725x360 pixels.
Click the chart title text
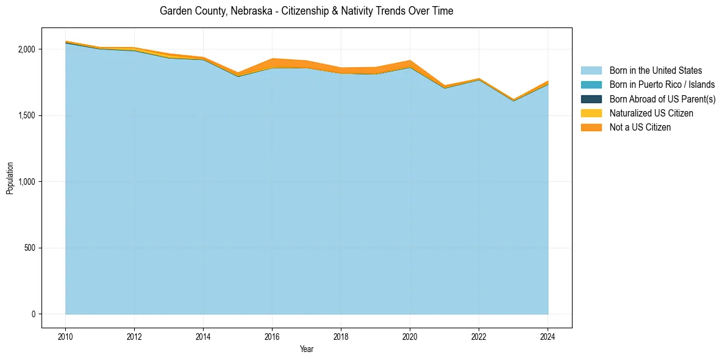click(x=306, y=11)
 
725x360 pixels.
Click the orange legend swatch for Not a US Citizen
click(x=591, y=127)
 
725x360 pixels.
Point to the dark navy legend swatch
click(x=591, y=99)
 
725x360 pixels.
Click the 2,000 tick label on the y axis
click(x=27, y=49)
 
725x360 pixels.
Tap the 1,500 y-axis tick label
click(x=27, y=115)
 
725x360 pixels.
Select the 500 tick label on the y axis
click(x=30, y=248)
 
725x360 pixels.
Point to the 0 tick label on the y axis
click(x=34, y=314)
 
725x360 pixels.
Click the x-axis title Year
click(x=307, y=349)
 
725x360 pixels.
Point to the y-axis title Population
click(x=10, y=178)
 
